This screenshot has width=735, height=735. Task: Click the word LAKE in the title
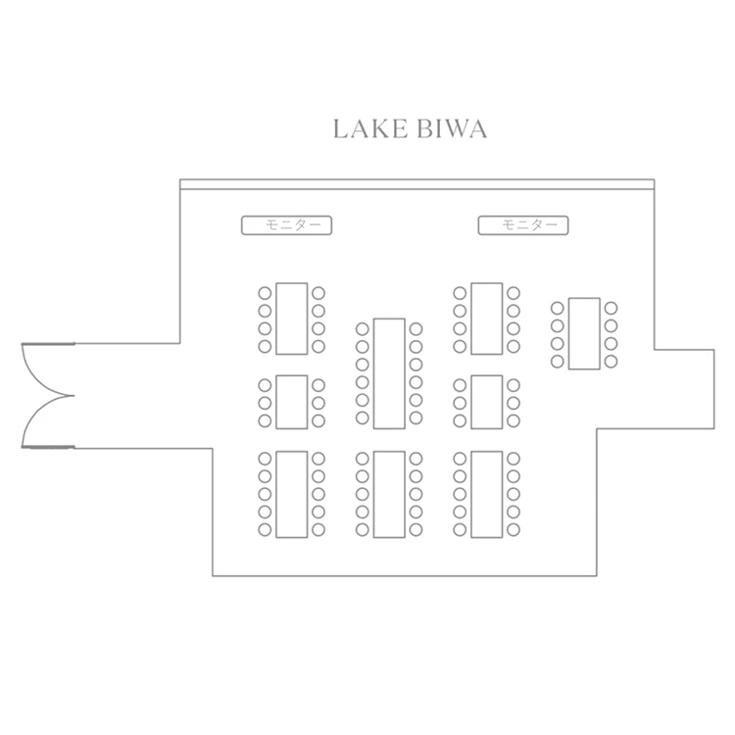click(x=369, y=129)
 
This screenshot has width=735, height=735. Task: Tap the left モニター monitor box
click(x=286, y=225)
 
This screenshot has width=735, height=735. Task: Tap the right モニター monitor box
click(x=523, y=225)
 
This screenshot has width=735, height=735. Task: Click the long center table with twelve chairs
click(x=389, y=373)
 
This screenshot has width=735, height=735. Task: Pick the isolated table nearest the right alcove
click(x=584, y=334)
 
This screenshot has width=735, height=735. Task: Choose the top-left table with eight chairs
click(x=292, y=318)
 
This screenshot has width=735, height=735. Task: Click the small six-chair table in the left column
click(x=292, y=402)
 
